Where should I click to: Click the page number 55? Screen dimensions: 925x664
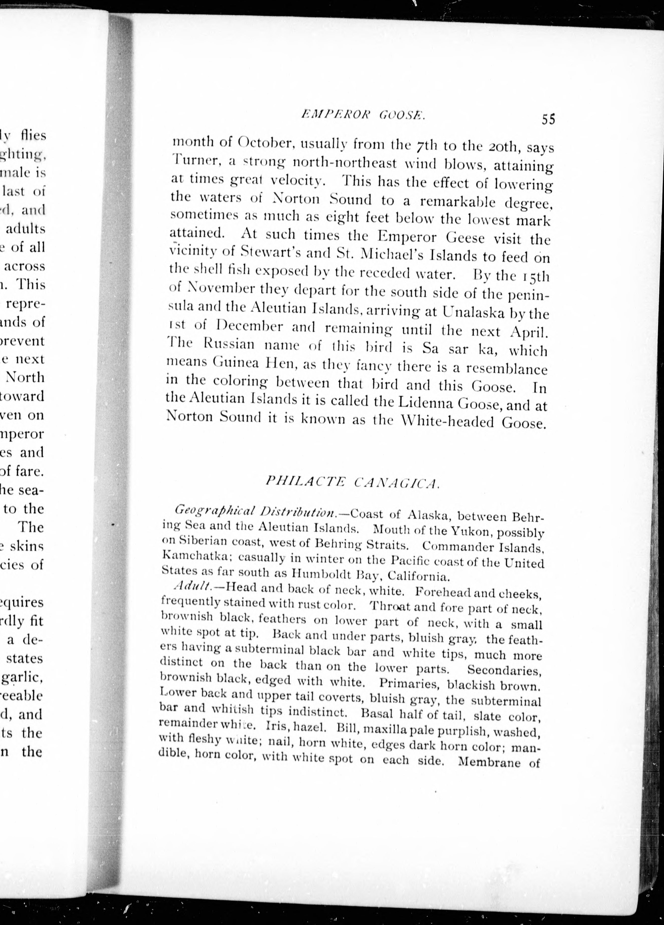[548, 119]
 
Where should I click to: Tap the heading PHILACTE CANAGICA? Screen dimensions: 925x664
[352, 482]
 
